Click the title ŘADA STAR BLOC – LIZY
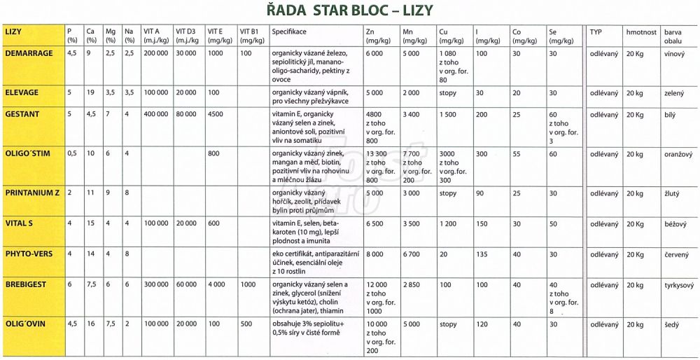click(x=351, y=11)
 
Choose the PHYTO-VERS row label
click(x=29, y=254)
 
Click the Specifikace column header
click(x=290, y=33)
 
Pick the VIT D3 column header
click(x=185, y=36)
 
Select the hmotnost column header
click(x=641, y=33)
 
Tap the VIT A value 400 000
click(x=155, y=113)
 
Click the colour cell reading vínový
click(x=675, y=53)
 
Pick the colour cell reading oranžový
click(x=678, y=153)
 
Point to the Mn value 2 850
click(x=412, y=285)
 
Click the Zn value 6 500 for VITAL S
click(x=376, y=223)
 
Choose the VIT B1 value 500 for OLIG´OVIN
click(x=246, y=325)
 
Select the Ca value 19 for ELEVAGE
click(x=90, y=92)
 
